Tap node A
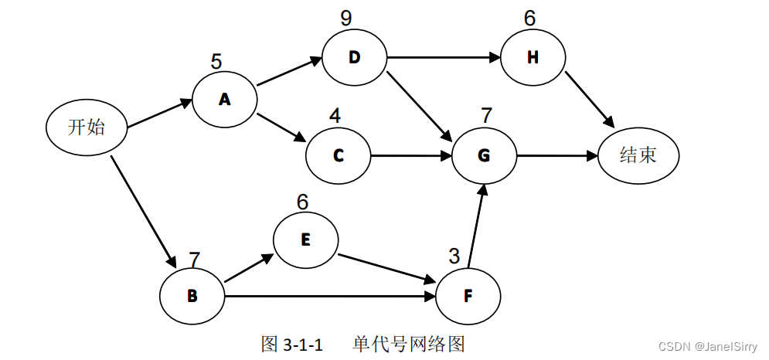click(225, 99)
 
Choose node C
click(339, 155)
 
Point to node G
click(485, 155)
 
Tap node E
click(305, 239)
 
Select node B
click(192, 296)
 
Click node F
click(468, 296)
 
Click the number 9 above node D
click(345, 17)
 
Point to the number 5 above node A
click(217, 60)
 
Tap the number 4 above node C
click(335, 116)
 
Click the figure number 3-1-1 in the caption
click(302, 344)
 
